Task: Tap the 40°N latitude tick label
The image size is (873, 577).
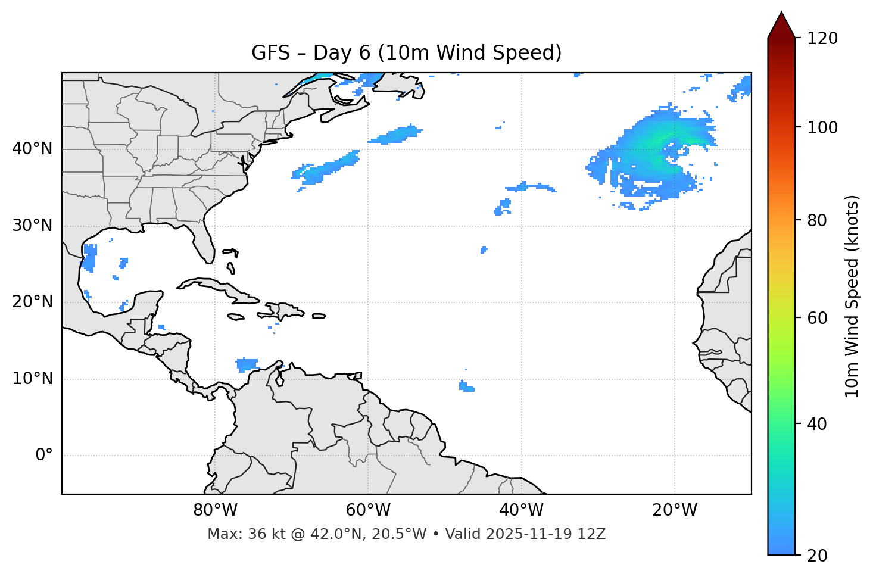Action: pyautogui.click(x=32, y=149)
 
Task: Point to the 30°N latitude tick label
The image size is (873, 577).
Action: pyautogui.click(x=32, y=226)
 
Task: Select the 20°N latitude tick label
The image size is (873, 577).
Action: pyautogui.click(x=32, y=302)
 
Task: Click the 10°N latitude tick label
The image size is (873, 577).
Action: pyautogui.click(x=32, y=379)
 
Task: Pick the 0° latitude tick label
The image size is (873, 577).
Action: pyautogui.click(x=43, y=456)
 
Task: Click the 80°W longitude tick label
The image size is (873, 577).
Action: pyautogui.click(x=215, y=510)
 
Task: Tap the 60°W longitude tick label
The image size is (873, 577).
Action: pyautogui.click(x=368, y=510)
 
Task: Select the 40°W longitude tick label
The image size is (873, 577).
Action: pyautogui.click(x=521, y=510)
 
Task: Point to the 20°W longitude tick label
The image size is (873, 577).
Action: pyautogui.click(x=674, y=510)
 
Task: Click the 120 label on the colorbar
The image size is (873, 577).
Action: pyautogui.click(x=822, y=39)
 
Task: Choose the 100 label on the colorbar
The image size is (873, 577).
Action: pyautogui.click(x=822, y=127)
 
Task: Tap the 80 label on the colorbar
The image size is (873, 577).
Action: pyautogui.click(x=818, y=220)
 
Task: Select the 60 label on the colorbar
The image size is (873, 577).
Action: pyautogui.click(x=818, y=318)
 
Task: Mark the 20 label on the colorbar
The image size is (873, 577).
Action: pyautogui.click(x=818, y=556)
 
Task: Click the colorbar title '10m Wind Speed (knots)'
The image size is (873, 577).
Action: pyautogui.click(x=852, y=296)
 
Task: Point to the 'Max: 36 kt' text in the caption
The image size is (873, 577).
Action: pyautogui.click(x=235, y=534)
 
